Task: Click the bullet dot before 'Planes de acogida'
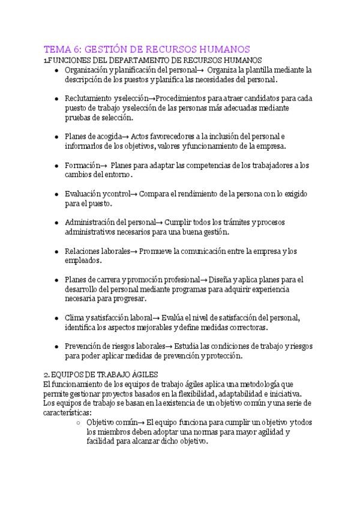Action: click(x=56, y=136)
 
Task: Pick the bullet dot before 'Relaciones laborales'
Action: click(x=56, y=251)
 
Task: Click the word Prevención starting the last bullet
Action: click(x=85, y=346)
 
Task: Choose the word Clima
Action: click(x=74, y=318)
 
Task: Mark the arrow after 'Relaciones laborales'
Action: click(x=134, y=251)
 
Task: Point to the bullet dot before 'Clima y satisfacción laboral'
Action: click(x=56, y=318)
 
